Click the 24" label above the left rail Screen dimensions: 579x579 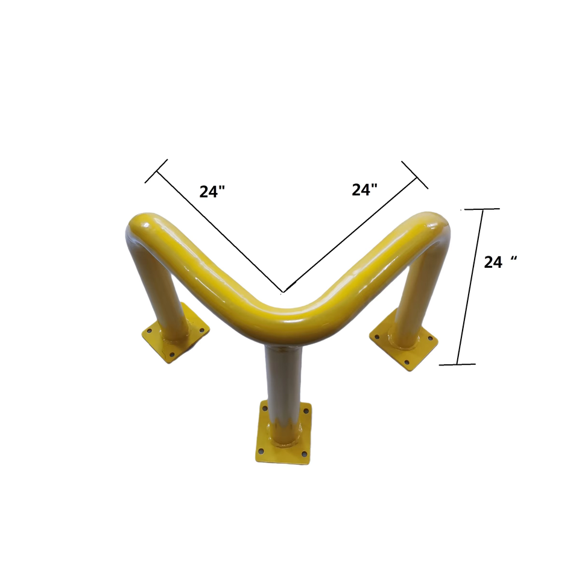[212, 191]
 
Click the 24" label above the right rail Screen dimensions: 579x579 [364, 189]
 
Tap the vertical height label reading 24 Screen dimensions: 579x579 [501, 262]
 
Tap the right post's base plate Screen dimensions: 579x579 [404, 344]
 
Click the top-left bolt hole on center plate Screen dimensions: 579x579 [264, 409]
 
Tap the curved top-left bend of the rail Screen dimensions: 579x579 [145, 226]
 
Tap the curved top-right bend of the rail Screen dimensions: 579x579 [431, 226]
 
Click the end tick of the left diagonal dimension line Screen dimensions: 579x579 [156, 171]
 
